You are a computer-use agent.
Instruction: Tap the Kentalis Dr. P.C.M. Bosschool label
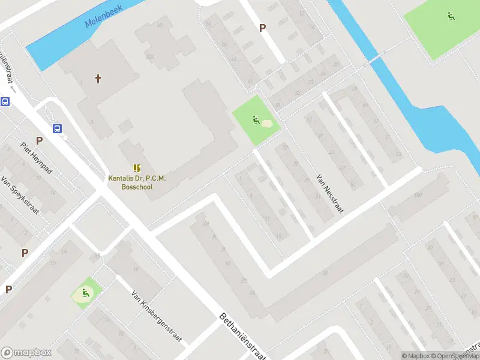click(x=136, y=182)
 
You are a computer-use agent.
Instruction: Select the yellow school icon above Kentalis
click(x=136, y=168)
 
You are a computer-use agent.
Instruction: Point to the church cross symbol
click(x=98, y=79)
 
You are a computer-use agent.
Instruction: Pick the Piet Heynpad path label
click(x=37, y=158)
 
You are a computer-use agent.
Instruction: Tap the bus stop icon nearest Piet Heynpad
click(x=58, y=128)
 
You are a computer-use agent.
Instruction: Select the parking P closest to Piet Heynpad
click(x=39, y=140)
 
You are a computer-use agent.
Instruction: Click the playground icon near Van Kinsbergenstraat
click(x=85, y=293)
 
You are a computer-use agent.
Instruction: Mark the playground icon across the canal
click(x=450, y=16)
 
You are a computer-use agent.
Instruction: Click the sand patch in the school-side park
click(x=266, y=124)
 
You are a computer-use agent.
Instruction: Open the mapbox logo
click(x=26, y=352)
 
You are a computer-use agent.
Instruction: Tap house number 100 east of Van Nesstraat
click(x=418, y=196)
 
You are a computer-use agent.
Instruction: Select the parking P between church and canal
click(x=262, y=28)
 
